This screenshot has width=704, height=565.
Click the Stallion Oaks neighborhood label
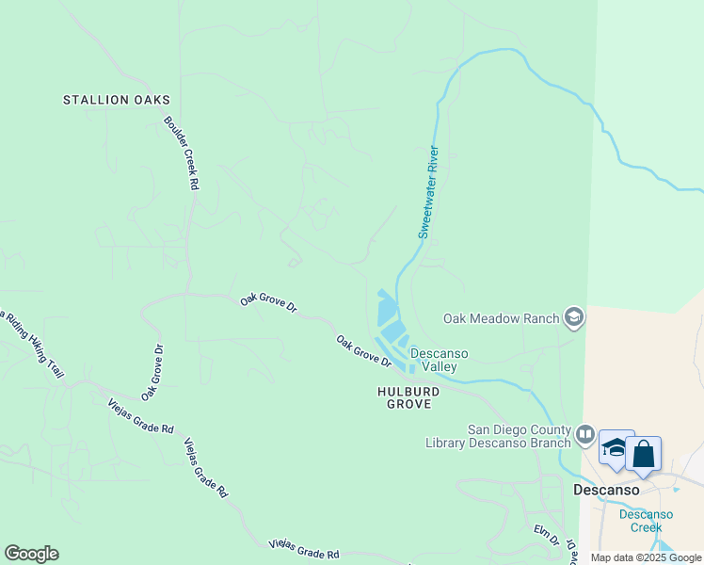tap(117, 100)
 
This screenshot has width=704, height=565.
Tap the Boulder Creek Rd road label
tap(181, 153)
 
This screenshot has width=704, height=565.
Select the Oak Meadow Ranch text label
tap(501, 318)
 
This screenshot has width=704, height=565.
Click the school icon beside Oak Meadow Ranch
tap(574, 318)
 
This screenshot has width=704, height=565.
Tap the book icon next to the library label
tap(584, 434)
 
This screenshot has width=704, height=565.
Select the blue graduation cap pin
tap(616, 449)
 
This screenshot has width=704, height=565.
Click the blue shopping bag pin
tap(644, 454)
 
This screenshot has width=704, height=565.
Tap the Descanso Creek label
tap(647, 521)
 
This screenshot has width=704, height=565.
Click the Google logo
tap(31, 554)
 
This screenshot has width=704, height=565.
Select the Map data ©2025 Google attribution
tap(646, 557)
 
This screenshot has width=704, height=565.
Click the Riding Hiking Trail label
tap(33, 343)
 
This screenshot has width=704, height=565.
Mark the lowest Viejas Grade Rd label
tap(303, 549)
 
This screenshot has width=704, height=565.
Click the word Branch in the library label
tap(549, 443)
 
